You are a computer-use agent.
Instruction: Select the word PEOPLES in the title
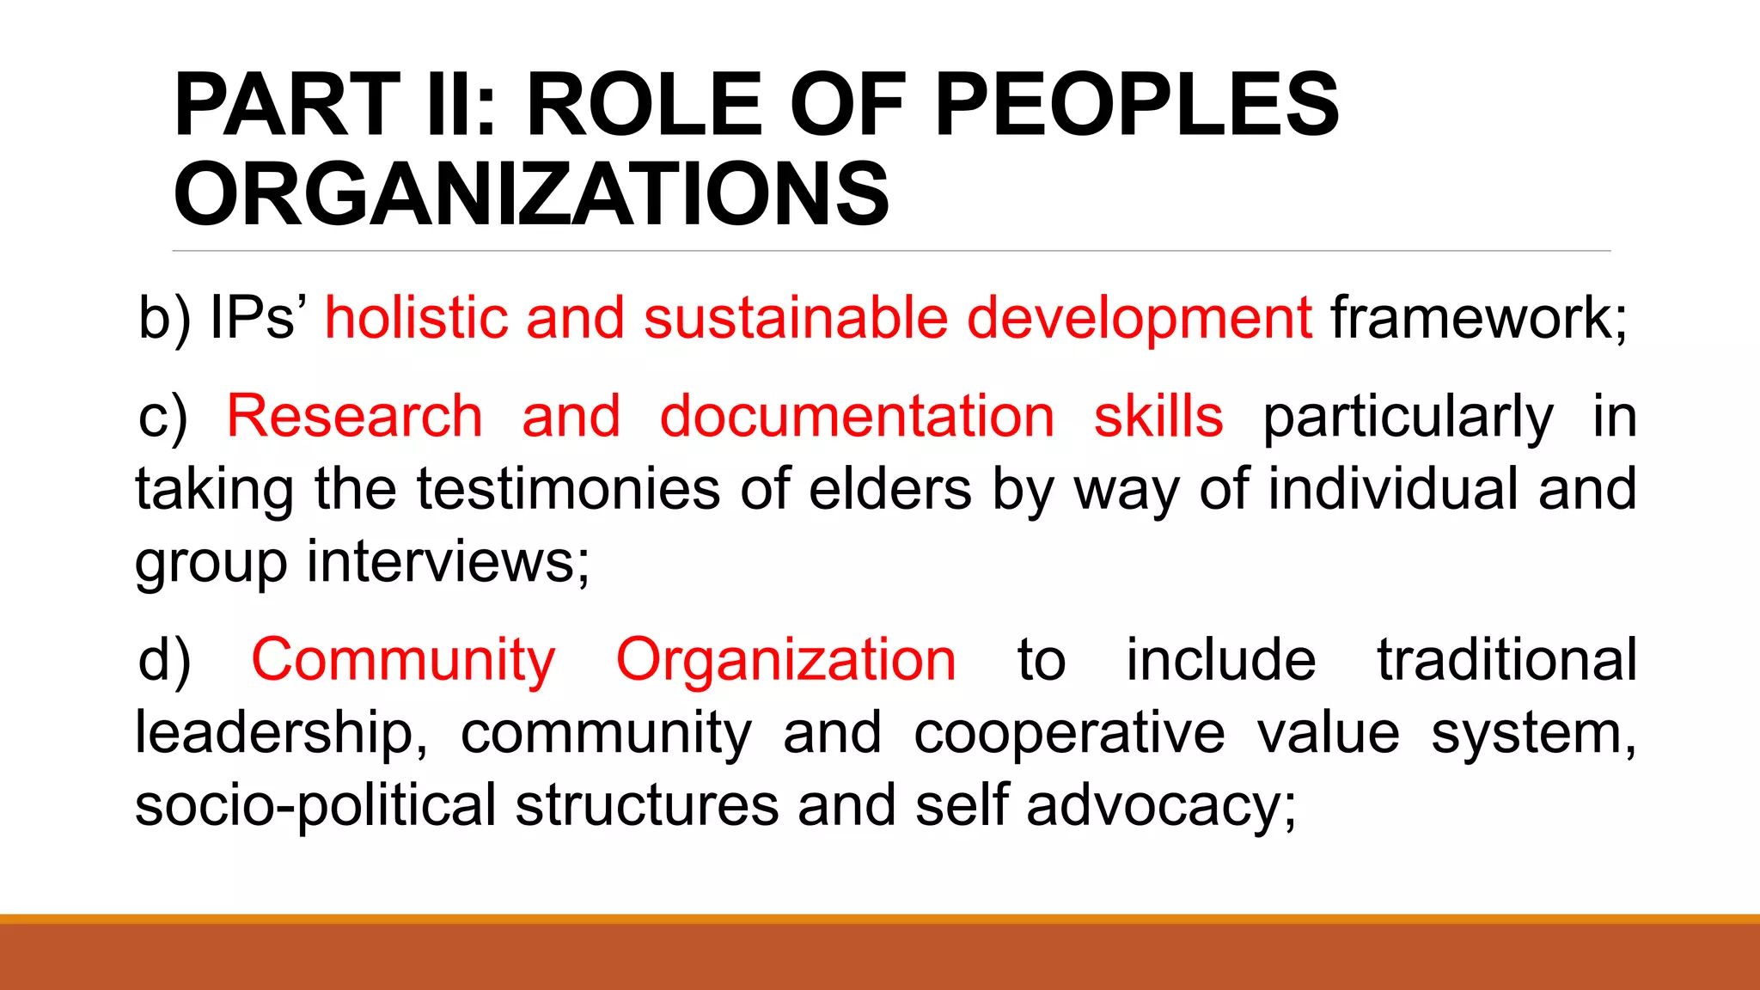pyautogui.click(x=1136, y=105)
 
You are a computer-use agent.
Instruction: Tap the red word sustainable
pyautogui.click(x=795, y=318)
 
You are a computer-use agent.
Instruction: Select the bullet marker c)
pyautogui.click(x=162, y=418)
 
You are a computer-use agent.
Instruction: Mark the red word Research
pyautogui.click(x=354, y=417)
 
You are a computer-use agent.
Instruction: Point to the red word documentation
pyautogui.click(x=857, y=417)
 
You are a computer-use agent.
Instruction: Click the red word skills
pyautogui.click(x=1158, y=417)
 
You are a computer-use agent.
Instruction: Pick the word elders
pyautogui.click(x=890, y=489)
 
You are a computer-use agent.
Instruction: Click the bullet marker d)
pyautogui.click(x=164, y=660)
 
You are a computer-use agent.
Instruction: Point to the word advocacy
pyautogui.click(x=1160, y=807)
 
